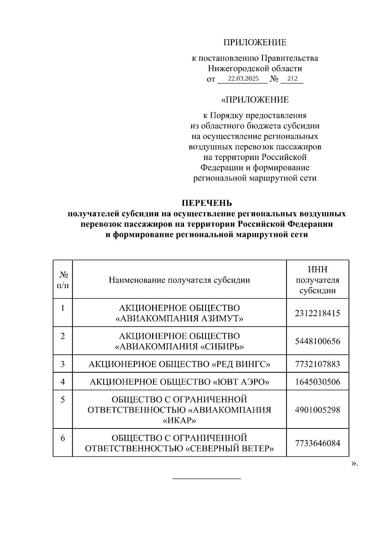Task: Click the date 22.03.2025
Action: (243, 79)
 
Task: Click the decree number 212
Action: (292, 79)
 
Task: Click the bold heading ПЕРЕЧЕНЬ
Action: (207, 203)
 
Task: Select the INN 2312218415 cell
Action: (317, 313)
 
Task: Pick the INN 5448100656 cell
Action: (317, 341)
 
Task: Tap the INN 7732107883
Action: (317, 364)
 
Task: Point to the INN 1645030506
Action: (317, 382)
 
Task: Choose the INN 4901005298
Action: (317, 410)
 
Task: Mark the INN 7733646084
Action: (317, 443)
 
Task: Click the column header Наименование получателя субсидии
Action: (179, 280)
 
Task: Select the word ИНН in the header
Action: (317, 269)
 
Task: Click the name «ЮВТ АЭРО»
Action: (241, 382)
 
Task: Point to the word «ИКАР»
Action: (179, 420)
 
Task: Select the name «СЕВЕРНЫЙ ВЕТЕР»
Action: (230, 448)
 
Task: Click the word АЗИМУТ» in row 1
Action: (222, 319)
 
